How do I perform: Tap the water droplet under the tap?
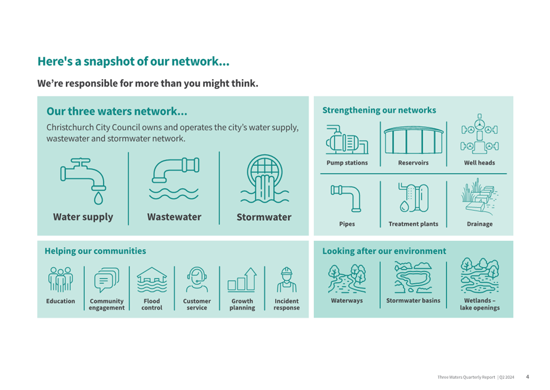98,198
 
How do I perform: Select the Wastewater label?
174,217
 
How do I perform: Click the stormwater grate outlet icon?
264,179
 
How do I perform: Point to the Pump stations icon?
347,139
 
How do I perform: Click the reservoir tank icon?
413,140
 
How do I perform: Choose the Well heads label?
479,163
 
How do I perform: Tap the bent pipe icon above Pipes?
346,198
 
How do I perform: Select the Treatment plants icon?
413,198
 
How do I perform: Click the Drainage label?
479,224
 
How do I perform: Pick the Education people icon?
61,280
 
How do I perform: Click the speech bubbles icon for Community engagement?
107,280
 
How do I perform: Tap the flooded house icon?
152,280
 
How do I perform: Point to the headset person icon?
197,280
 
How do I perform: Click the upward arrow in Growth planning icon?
250,278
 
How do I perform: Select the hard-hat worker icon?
287,280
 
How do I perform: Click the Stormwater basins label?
413,300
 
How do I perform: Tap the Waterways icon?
347,278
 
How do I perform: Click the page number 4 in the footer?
528,376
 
